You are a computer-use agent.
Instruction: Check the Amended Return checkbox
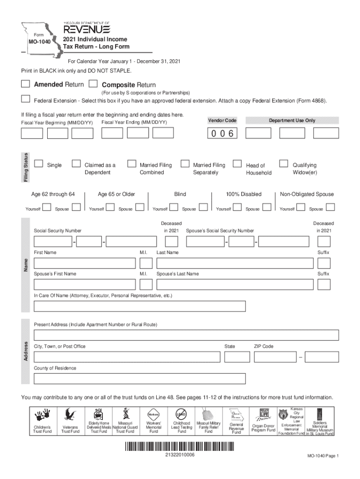pos(25,84)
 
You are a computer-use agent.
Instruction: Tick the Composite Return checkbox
pos(93,84)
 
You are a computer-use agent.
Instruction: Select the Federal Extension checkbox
pos(25,99)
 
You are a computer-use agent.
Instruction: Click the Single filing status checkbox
pos(39,164)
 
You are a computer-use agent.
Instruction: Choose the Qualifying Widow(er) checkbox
pos(283,164)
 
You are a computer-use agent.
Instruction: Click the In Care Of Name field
pos(140,306)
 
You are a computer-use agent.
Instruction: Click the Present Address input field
pos(186,335)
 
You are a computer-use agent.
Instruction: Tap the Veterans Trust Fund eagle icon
pos(70,415)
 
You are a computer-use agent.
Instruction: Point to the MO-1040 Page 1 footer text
pos(323,456)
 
